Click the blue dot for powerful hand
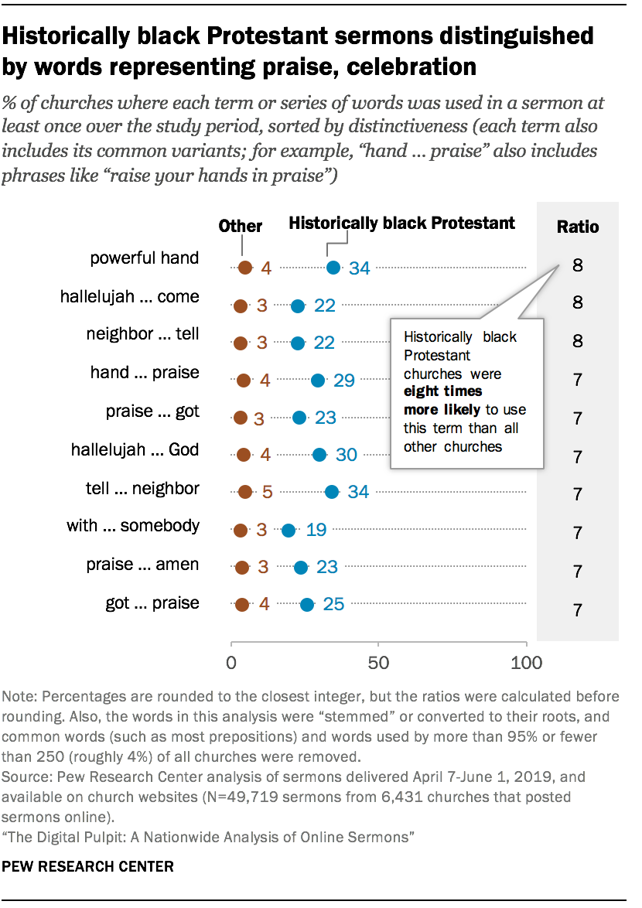coord(333,268)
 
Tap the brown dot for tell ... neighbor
coord(245,491)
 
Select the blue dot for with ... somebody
coord(289,531)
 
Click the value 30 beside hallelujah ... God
coord(346,455)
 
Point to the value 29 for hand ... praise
coord(344,381)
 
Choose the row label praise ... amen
coord(143,565)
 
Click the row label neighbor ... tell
coord(143,334)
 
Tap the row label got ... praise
coord(152,602)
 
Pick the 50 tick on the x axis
coord(378,663)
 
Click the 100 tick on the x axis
coord(526,663)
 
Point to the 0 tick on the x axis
coord(231,663)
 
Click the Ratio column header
coord(578,227)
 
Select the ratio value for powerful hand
coord(578,266)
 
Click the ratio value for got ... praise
coord(578,610)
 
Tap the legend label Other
coord(241,226)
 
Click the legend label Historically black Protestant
coord(401,224)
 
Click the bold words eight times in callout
coord(443,392)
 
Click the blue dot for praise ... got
coord(299,418)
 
